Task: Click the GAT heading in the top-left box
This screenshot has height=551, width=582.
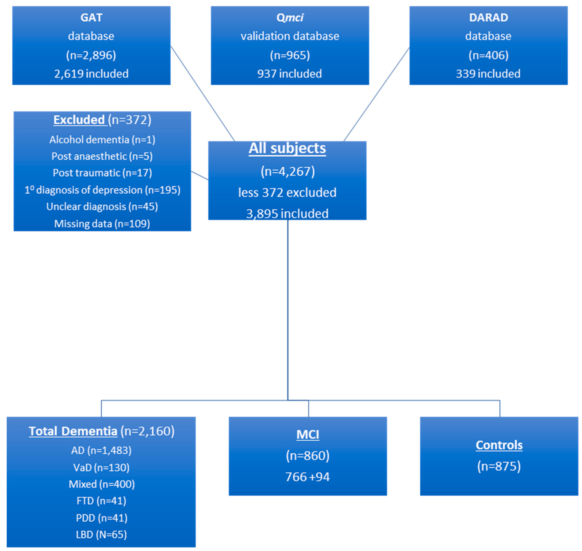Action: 91,18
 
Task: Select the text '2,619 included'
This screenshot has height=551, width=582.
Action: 91,74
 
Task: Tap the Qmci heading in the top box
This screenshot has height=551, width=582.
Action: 290,18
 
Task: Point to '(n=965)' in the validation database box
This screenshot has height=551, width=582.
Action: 290,55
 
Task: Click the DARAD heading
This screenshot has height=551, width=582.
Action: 488,18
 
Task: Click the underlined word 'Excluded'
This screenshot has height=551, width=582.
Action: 79,120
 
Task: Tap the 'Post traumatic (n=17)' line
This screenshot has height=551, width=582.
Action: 102,173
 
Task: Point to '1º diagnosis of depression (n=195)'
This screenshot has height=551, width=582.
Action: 102,190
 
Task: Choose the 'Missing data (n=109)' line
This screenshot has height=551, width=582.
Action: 102,224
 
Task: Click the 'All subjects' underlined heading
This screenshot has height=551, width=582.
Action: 287,148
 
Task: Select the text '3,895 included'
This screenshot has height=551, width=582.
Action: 287,214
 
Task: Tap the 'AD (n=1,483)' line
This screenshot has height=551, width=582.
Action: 101,450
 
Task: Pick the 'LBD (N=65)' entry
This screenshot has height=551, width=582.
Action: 101,535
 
